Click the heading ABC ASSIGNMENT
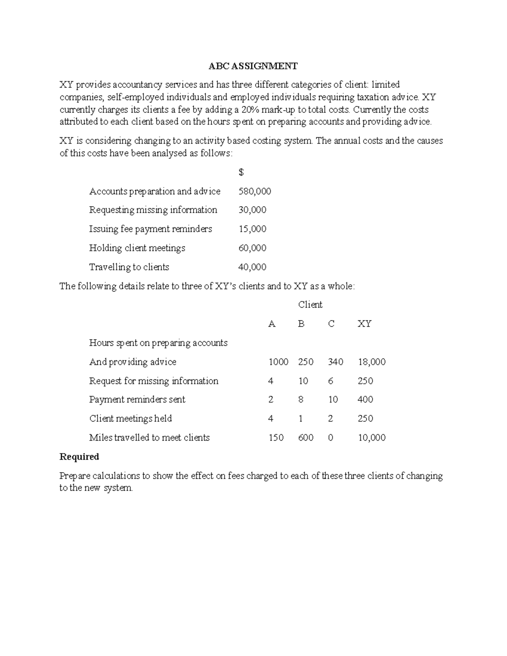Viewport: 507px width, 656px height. [253, 66]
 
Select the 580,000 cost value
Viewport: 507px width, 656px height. [255, 191]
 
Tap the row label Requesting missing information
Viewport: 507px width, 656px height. [153, 210]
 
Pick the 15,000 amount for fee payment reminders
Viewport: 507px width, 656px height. [252, 229]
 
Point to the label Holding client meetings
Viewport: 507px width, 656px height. [137, 248]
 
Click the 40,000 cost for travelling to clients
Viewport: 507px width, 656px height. [252, 267]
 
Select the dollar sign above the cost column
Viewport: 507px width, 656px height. [241, 172]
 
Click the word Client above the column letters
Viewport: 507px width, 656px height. [310, 305]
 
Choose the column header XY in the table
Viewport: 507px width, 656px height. [364, 324]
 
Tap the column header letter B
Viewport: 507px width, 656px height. [301, 324]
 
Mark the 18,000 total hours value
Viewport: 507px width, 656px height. [371, 362]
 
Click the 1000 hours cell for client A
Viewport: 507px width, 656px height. [278, 362]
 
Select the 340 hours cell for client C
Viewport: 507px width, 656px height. [335, 362]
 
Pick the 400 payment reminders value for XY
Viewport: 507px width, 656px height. [365, 400]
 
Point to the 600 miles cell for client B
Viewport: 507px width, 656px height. [305, 438]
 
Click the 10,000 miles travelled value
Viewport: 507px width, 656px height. [371, 438]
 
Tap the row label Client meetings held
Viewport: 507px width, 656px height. [131, 419]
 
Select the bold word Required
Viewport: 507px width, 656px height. [79, 457]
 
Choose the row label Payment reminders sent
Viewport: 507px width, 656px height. [137, 400]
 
